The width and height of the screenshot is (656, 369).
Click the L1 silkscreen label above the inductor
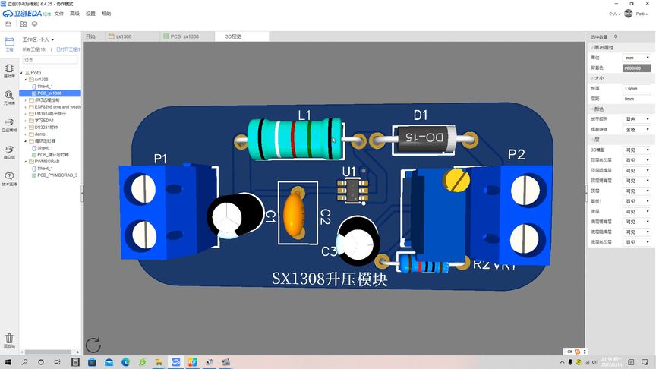click(304, 115)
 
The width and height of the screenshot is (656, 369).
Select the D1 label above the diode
click(421, 115)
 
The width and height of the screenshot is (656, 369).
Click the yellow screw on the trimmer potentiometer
click(456, 179)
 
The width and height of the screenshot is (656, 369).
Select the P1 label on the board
click(160, 159)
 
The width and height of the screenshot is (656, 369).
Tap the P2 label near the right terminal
click(516, 155)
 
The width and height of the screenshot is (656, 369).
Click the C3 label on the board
click(329, 251)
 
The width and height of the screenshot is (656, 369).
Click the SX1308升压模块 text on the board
click(330, 279)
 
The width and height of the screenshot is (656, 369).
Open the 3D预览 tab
click(233, 36)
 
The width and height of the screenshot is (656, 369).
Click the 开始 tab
click(91, 36)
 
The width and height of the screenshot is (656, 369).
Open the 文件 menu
click(58, 14)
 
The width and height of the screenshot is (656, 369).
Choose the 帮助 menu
click(106, 14)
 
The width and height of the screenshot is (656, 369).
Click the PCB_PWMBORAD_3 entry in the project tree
click(58, 175)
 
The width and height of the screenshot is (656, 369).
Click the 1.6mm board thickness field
click(636, 89)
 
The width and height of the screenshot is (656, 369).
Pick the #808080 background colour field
click(636, 68)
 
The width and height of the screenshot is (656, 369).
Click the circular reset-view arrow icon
click(93, 345)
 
